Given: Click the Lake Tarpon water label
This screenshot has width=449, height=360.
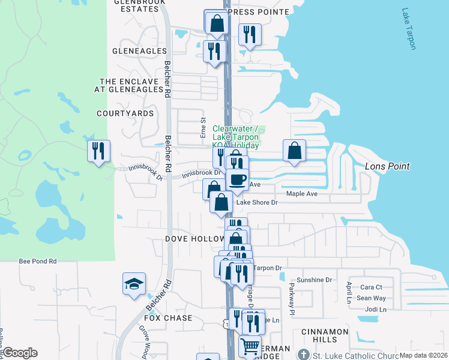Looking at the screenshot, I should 409,29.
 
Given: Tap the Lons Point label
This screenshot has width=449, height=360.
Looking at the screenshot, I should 387,166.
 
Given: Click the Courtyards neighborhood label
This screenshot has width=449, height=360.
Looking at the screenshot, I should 125,113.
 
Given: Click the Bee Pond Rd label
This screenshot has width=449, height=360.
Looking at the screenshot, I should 37,261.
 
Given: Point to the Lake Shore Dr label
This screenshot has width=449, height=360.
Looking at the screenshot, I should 257,202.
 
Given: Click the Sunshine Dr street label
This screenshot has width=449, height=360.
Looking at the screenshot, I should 314,280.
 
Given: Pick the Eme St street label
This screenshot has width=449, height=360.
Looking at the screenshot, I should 203,126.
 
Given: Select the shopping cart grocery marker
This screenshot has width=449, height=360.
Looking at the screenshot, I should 250,346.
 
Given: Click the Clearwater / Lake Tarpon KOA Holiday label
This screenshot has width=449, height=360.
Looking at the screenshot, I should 236,137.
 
